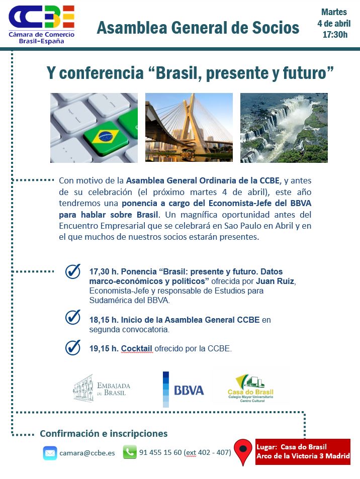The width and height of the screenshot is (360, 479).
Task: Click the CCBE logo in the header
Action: [x=42, y=25]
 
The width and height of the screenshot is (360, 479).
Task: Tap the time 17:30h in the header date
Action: [x=335, y=35]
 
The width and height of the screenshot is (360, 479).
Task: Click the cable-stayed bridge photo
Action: [x=189, y=127]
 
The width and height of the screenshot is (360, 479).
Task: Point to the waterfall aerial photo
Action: [x=284, y=128]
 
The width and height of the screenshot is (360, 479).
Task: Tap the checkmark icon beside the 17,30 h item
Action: [x=73, y=271]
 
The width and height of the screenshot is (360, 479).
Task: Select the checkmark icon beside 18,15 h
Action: [x=73, y=317]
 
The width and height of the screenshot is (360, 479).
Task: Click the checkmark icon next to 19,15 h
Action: [x=73, y=347]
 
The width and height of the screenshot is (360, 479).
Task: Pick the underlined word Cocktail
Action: [x=137, y=348]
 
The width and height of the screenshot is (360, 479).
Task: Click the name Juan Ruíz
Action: [x=275, y=281]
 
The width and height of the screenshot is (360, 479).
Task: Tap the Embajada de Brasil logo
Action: [x=102, y=388]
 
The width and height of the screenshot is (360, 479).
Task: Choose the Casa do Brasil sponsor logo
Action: [x=250, y=388]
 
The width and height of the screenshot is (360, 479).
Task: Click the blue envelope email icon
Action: [x=50, y=453]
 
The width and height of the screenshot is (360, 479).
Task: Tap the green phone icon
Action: [x=130, y=452]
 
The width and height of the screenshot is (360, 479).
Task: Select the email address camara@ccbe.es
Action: [x=87, y=453]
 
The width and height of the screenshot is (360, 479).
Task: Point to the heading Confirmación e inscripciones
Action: [x=104, y=433]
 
